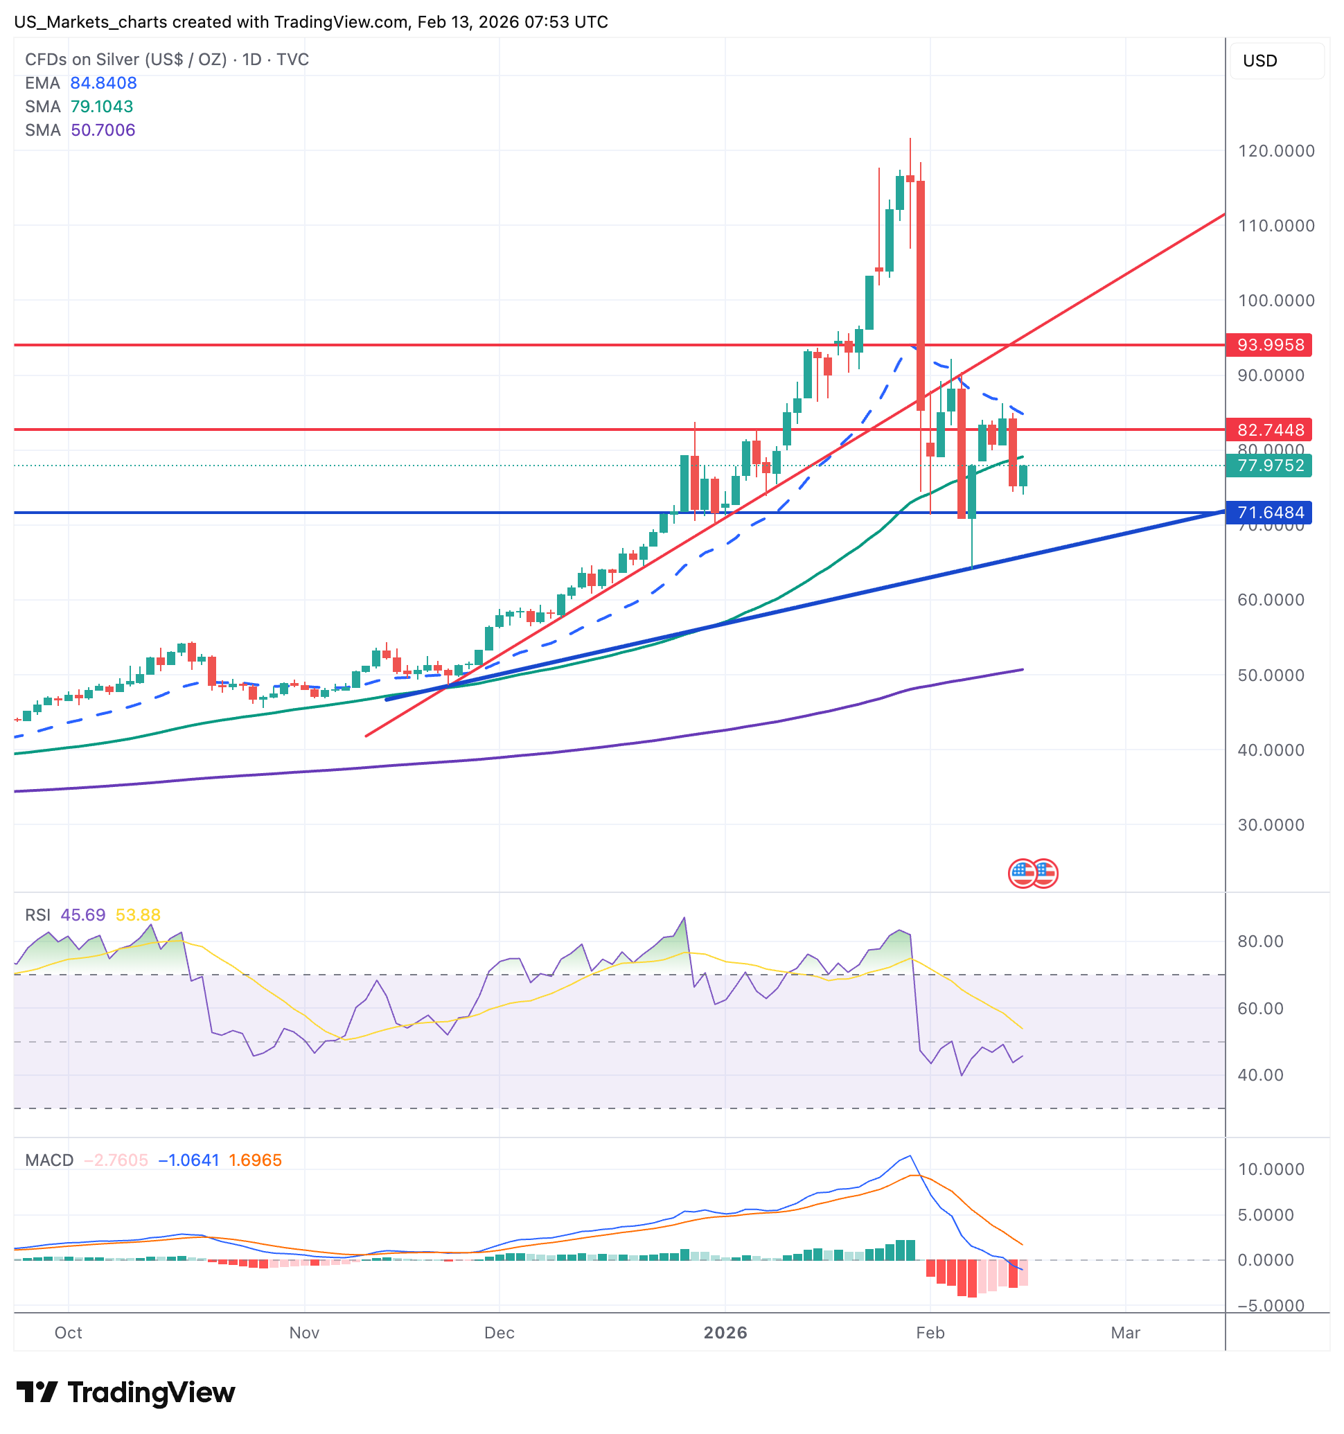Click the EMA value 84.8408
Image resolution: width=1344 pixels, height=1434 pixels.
(x=103, y=83)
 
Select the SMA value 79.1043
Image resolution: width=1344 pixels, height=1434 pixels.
(x=102, y=107)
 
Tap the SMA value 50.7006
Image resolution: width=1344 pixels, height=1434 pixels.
(x=103, y=130)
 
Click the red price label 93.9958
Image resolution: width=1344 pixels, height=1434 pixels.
(x=1270, y=345)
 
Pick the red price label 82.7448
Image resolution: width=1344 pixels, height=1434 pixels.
(x=1270, y=430)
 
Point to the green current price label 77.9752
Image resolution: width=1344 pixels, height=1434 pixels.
(x=1270, y=466)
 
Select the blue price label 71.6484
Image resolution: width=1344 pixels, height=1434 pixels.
(x=1270, y=513)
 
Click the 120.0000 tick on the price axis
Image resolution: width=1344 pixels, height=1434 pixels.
(x=1275, y=151)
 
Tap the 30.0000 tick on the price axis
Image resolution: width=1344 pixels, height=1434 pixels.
(x=1271, y=824)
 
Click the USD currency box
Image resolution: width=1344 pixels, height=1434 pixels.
(x=1276, y=60)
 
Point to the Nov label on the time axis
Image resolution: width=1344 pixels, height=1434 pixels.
(x=303, y=1332)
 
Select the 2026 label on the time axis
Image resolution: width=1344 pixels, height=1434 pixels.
(x=725, y=1332)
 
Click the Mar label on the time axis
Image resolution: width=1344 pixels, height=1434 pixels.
(x=1124, y=1332)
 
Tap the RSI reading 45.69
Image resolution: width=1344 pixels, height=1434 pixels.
(x=83, y=914)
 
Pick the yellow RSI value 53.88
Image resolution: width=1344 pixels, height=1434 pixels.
(x=138, y=914)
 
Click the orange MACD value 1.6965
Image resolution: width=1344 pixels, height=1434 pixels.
(x=255, y=1160)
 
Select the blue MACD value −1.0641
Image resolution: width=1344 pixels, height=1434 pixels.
(x=188, y=1160)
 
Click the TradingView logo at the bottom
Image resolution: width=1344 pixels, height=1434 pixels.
(x=125, y=1392)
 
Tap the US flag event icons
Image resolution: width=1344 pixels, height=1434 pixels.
(x=1032, y=874)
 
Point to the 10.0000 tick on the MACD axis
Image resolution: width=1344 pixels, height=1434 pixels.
(x=1271, y=1169)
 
